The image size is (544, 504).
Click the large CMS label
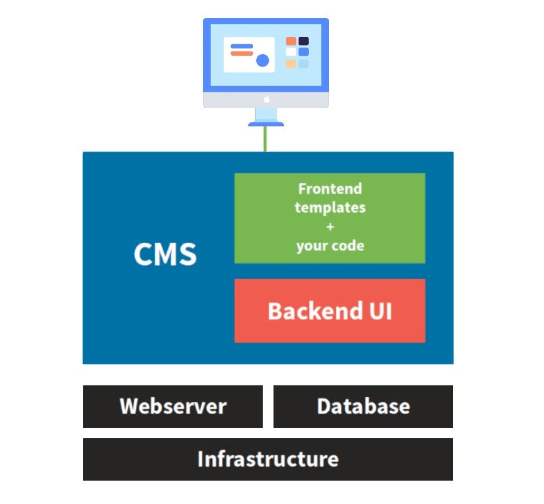point(165,254)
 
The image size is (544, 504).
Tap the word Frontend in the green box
point(330,189)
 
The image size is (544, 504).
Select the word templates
point(330,208)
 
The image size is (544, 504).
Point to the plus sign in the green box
point(330,227)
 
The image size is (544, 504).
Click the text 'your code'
point(330,246)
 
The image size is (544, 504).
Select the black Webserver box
point(172,406)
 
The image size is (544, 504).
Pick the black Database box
point(363,406)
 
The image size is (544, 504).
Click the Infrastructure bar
point(268,459)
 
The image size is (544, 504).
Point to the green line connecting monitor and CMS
point(265,139)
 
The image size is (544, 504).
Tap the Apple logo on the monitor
point(267,99)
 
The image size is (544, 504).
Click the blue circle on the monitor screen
point(263,61)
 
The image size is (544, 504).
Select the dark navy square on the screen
point(303,41)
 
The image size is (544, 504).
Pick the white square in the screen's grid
point(291,52)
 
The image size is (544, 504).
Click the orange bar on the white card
point(242,53)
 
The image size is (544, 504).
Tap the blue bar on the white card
point(242,46)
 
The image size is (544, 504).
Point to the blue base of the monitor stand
point(266,123)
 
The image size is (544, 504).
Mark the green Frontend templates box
point(330,218)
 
